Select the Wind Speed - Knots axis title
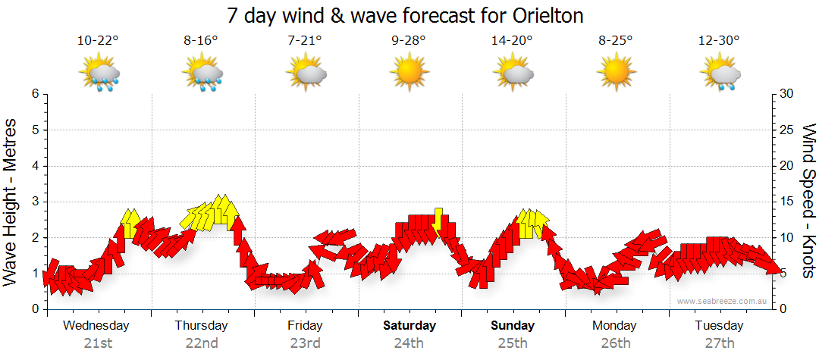[808, 201]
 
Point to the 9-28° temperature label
[408, 41]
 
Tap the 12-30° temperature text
[719, 41]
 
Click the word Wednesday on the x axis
[96, 326]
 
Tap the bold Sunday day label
[513, 326]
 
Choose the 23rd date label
[305, 343]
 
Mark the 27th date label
[719, 343]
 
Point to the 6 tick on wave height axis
[34, 94]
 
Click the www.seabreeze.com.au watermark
[723, 301]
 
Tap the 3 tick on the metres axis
[34, 202]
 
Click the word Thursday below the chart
[201, 326]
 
